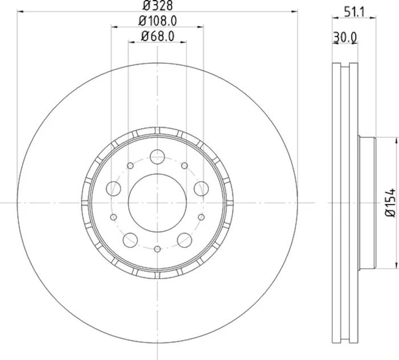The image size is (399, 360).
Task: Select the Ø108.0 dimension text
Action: coord(157,22)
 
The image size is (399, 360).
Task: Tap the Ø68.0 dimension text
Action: coord(157,38)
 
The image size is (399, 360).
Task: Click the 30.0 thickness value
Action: coord(345,38)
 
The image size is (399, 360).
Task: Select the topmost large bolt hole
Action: coord(157,156)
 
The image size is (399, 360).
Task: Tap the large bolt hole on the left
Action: coord(115,188)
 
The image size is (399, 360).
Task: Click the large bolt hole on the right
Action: coord(201,188)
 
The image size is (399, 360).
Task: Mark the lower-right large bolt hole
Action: coord(184,240)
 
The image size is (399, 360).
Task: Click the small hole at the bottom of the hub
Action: coord(157,248)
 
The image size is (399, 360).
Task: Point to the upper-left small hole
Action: coord(130,165)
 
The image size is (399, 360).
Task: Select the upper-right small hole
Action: coord(184,165)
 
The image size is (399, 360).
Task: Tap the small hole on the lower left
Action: coord(113,217)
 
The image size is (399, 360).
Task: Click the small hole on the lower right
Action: coord(201,217)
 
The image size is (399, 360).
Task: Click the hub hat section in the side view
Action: coord(366,202)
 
